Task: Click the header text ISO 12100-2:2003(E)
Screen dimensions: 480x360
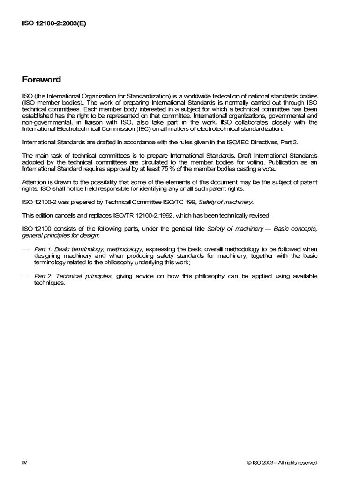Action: (x=54, y=24)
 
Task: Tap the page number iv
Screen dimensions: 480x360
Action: (x=25, y=462)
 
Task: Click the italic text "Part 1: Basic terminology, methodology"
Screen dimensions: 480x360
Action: (x=88, y=249)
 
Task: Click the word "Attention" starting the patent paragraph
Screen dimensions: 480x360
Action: (x=35, y=182)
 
